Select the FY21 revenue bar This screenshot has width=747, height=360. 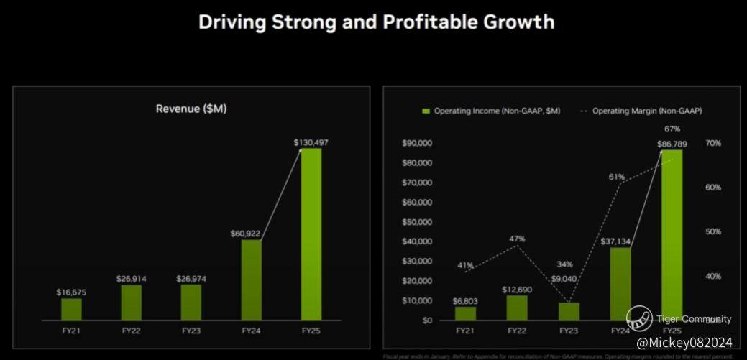pyautogui.click(x=71, y=309)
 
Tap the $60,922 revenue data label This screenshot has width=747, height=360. pyautogui.click(x=251, y=234)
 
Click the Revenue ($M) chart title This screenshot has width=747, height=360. pyautogui.click(x=191, y=109)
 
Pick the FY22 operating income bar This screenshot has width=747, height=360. pyautogui.click(x=517, y=308)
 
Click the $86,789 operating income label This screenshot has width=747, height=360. pyautogui.click(x=672, y=144)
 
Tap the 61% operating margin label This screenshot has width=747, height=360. pyautogui.click(x=616, y=177)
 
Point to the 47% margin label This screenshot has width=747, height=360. pyautogui.click(x=517, y=239)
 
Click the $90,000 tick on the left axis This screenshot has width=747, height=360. pyautogui.click(x=417, y=143)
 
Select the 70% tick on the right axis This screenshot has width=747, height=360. pyautogui.click(x=713, y=143)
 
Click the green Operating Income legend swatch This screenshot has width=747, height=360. pyautogui.click(x=426, y=111)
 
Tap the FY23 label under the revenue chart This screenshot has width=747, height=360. pyautogui.click(x=191, y=331)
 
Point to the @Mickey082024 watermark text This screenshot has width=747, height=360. pyautogui.click(x=684, y=343)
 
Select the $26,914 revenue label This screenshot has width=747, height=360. pyautogui.click(x=131, y=278)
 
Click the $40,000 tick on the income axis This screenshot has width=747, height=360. pyautogui.click(x=417, y=241)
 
